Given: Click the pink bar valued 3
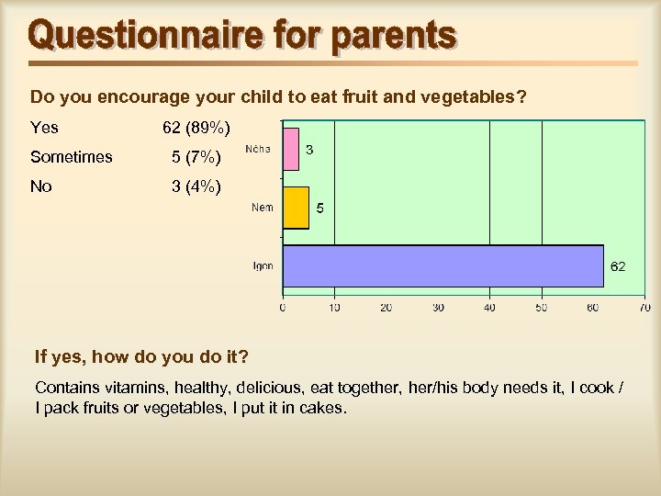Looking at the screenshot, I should tap(290, 150).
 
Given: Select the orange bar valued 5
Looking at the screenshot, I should tap(295, 208).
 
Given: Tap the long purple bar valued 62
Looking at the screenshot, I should tap(442, 266).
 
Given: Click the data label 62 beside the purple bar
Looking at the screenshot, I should tap(618, 266).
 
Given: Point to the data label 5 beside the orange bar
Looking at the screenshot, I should tap(319, 209).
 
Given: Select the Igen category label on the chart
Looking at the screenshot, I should tap(263, 266).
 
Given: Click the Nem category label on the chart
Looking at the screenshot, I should tap(263, 208).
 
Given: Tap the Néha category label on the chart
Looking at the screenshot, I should tap(258, 149).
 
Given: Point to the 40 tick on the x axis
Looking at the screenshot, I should tap(489, 308).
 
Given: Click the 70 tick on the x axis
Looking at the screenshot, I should tap(644, 308).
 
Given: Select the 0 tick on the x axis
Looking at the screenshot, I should tap(282, 308).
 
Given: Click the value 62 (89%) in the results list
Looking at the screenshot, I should tap(196, 127).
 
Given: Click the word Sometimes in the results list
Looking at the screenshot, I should tap(72, 157).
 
